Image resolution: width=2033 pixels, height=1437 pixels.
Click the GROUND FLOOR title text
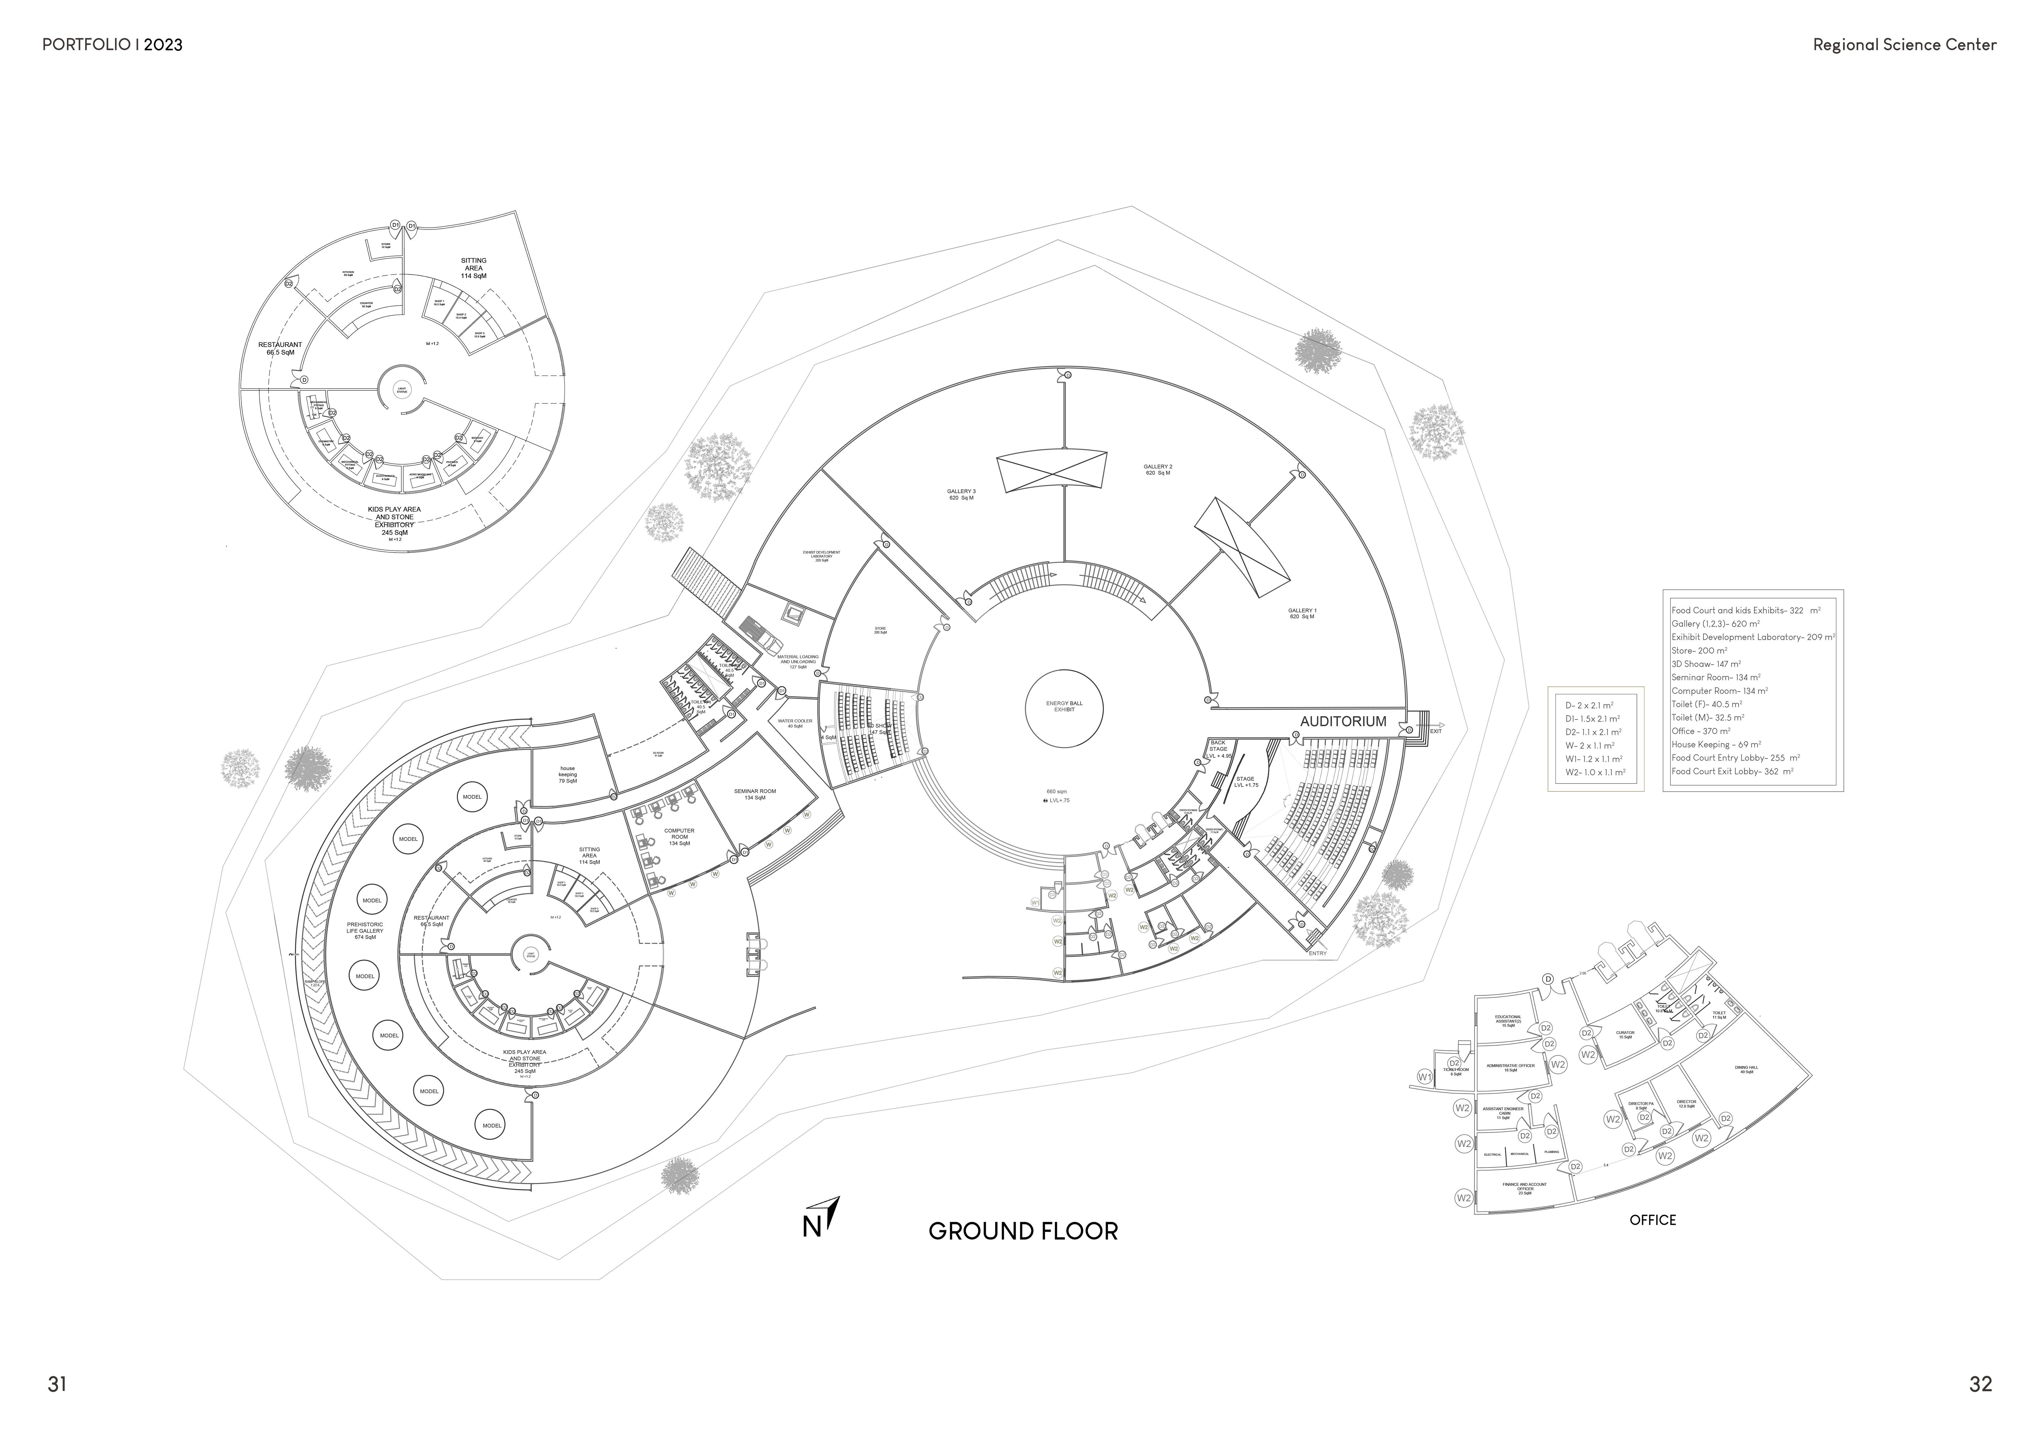tap(1023, 1232)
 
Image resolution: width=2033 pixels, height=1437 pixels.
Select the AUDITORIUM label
tap(1342, 722)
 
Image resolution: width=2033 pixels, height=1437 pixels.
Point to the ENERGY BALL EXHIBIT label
tap(1064, 706)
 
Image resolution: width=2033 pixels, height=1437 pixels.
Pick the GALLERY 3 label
tap(961, 494)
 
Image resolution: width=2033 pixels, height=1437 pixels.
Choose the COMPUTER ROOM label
tap(679, 837)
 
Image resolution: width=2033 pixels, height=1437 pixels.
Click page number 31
tap(57, 1384)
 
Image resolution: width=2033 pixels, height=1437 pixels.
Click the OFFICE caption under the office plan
tap(1652, 1220)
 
